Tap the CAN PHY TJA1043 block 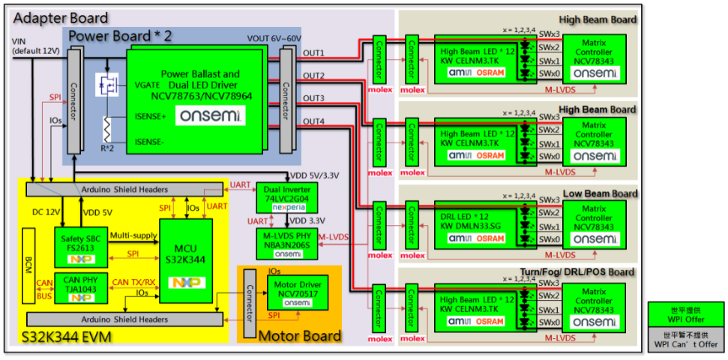point(83,281)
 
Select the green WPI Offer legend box point(686,313)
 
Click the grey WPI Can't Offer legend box point(686,337)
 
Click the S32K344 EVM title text point(67,335)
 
